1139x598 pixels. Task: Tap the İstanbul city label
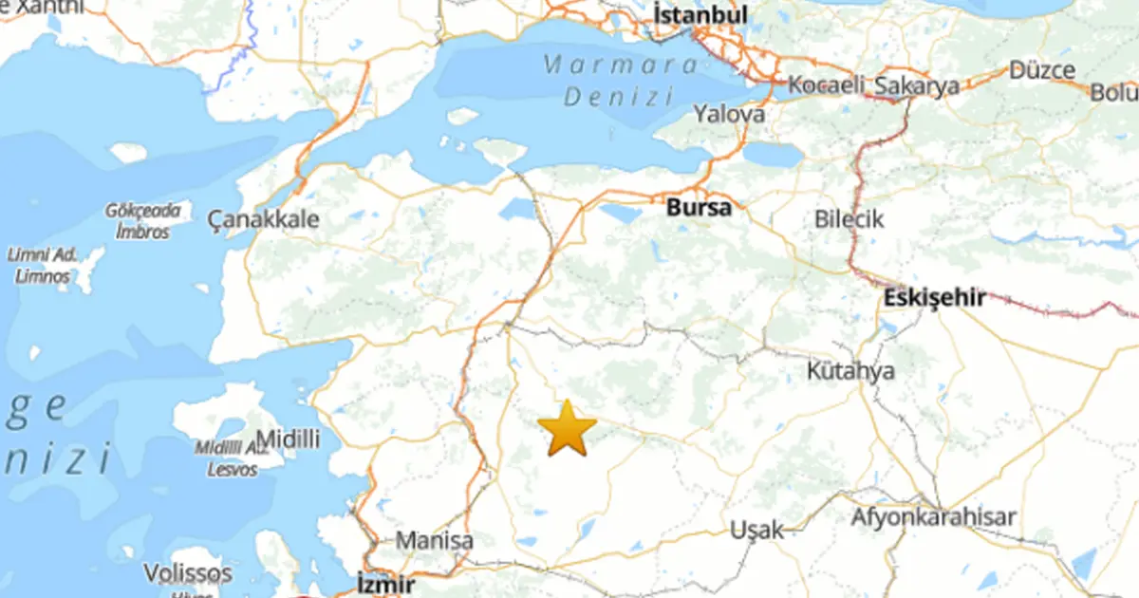[700, 14]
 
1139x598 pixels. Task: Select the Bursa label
[699, 207]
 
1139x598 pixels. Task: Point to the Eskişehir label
[933, 297]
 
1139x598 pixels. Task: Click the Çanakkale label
[263, 220]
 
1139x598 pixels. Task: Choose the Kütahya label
[850, 370]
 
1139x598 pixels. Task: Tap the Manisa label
[434, 541]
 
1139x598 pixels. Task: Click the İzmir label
[385, 582]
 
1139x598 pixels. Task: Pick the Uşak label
[757, 530]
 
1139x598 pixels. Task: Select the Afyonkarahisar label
[933, 517]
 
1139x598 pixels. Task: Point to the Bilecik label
[849, 219]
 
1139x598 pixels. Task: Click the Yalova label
[728, 114]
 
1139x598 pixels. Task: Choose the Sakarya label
[916, 85]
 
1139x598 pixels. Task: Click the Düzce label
[1041, 69]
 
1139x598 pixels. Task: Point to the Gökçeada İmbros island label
[142, 220]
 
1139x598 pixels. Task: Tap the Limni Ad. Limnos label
[43, 265]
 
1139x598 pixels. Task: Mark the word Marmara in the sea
[621, 66]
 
